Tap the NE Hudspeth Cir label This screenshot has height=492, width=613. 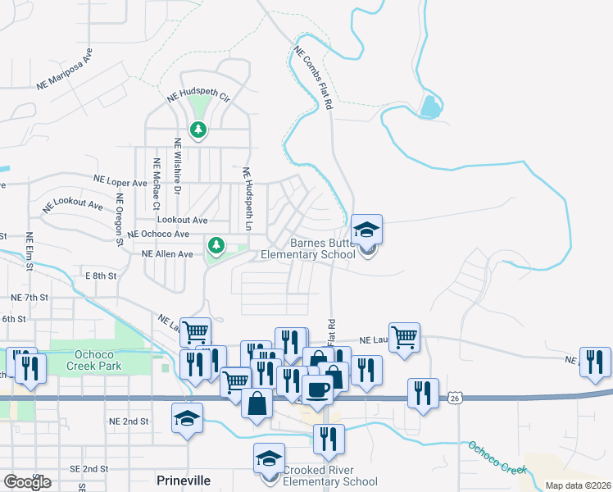coord(198,97)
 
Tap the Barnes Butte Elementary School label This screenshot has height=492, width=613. coord(307,249)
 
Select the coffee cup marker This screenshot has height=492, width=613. coord(316,389)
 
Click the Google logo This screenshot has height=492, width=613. coord(26,482)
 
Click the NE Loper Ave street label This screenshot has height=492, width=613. coord(120,180)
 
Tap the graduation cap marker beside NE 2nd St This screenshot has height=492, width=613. coord(187,418)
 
